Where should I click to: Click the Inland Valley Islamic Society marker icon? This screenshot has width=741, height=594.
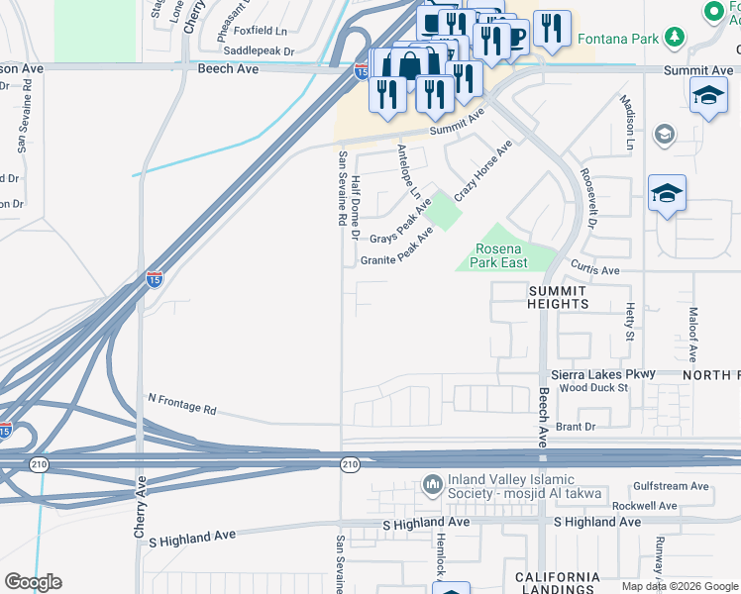[x=431, y=484]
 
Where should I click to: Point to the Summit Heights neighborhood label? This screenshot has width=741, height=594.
[x=558, y=296]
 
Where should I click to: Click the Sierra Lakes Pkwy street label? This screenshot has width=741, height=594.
[x=603, y=375]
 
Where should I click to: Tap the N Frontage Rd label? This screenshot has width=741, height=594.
[x=181, y=407]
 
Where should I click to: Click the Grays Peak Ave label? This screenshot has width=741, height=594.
[x=401, y=227]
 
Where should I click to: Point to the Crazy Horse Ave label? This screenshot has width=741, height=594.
[x=483, y=170]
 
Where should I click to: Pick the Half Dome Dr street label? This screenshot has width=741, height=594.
[x=355, y=206]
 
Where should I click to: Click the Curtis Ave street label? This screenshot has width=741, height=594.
[x=595, y=269]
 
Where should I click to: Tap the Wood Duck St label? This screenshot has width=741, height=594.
[x=594, y=388]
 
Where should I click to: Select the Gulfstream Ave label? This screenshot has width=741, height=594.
[x=673, y=486]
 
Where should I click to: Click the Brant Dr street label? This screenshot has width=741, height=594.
[x=576, y=427]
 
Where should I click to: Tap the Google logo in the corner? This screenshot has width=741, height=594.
[x=33, y=582]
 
